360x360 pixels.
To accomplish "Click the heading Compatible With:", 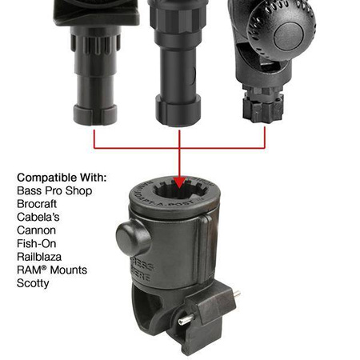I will (x=62, y=177).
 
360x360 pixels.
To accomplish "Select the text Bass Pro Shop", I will (x=54, y=190).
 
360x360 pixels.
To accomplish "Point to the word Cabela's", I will (x=38, y=217).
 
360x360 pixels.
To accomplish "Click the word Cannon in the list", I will (x=37, y=230).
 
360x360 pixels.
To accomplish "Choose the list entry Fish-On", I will (x=38, y=243).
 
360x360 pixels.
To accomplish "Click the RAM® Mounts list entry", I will (x=52, y=270).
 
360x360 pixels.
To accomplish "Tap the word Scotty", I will (x=33, y=283).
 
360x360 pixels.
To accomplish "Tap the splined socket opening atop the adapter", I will (x=180, y=196).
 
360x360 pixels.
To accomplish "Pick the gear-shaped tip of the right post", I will (x=265, y=107).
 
